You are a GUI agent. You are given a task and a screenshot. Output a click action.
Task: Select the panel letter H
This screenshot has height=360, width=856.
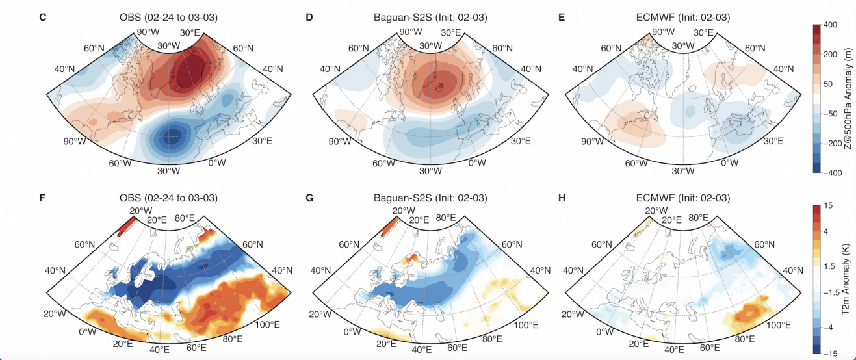(561, 198)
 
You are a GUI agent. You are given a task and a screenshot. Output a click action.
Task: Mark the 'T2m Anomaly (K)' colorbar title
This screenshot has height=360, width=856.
(848, 280)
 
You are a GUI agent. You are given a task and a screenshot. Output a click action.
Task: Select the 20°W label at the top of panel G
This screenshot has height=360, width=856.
(404, 211)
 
